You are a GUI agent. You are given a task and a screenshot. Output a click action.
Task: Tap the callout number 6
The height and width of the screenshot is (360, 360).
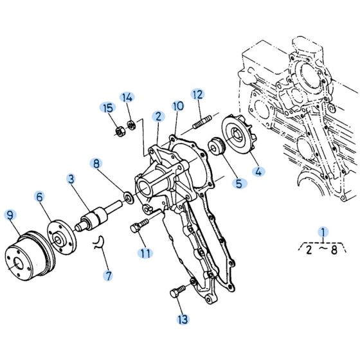coord(40,199)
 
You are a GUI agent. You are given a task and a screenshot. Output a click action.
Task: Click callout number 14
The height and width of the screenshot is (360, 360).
coord(128,98)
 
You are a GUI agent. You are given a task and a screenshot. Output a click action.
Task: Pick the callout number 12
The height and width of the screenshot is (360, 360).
coord(197,94)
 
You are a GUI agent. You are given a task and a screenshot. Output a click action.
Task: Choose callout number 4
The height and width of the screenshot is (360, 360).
coord(259,172)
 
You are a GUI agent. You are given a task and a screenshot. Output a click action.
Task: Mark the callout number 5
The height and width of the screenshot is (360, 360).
coord(239,184)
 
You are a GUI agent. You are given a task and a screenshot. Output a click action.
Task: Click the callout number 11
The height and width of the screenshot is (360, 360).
coord(146,253)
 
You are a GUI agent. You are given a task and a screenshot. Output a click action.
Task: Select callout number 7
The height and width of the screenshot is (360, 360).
coord(109,276)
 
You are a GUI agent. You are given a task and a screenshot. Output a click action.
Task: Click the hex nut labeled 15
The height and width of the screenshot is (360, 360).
coord(119,132)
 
